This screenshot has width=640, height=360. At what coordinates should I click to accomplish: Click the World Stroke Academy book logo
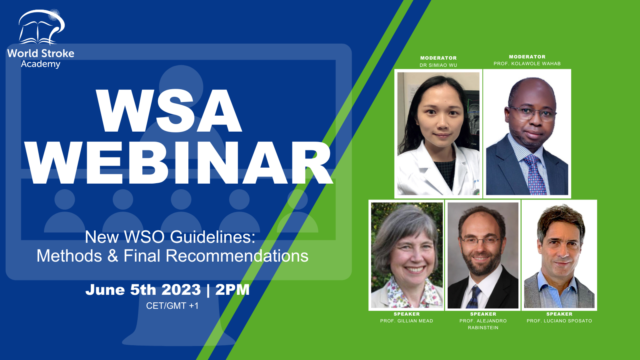[x=42, y=27]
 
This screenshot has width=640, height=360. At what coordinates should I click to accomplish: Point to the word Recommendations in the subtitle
[x=237, y=256]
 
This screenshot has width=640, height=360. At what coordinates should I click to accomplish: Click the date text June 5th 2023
[x=143, y=290]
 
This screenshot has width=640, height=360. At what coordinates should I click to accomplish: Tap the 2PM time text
[x=232, y=290]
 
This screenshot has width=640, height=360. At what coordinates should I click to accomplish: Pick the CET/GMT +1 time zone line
[x=172, y=306]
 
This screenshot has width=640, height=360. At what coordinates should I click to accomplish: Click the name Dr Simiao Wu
[x=438, y=65]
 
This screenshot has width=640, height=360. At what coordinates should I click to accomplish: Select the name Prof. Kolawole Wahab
[x=527, y=64]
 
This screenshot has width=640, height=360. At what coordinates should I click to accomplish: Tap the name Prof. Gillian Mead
[x=406, y=321]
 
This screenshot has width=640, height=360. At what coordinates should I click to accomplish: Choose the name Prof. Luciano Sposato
[x=560, y=321]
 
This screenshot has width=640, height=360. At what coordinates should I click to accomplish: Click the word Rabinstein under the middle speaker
[x=483, y=328]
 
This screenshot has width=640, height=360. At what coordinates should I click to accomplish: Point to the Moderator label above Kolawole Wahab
[x=527, y=57]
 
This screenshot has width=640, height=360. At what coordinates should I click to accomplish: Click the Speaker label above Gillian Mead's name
[x=406, y=314]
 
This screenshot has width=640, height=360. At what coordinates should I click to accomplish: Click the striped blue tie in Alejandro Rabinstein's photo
[x=474, y=297]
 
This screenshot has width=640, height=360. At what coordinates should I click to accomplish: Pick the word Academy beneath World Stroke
[x=40, y=64]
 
